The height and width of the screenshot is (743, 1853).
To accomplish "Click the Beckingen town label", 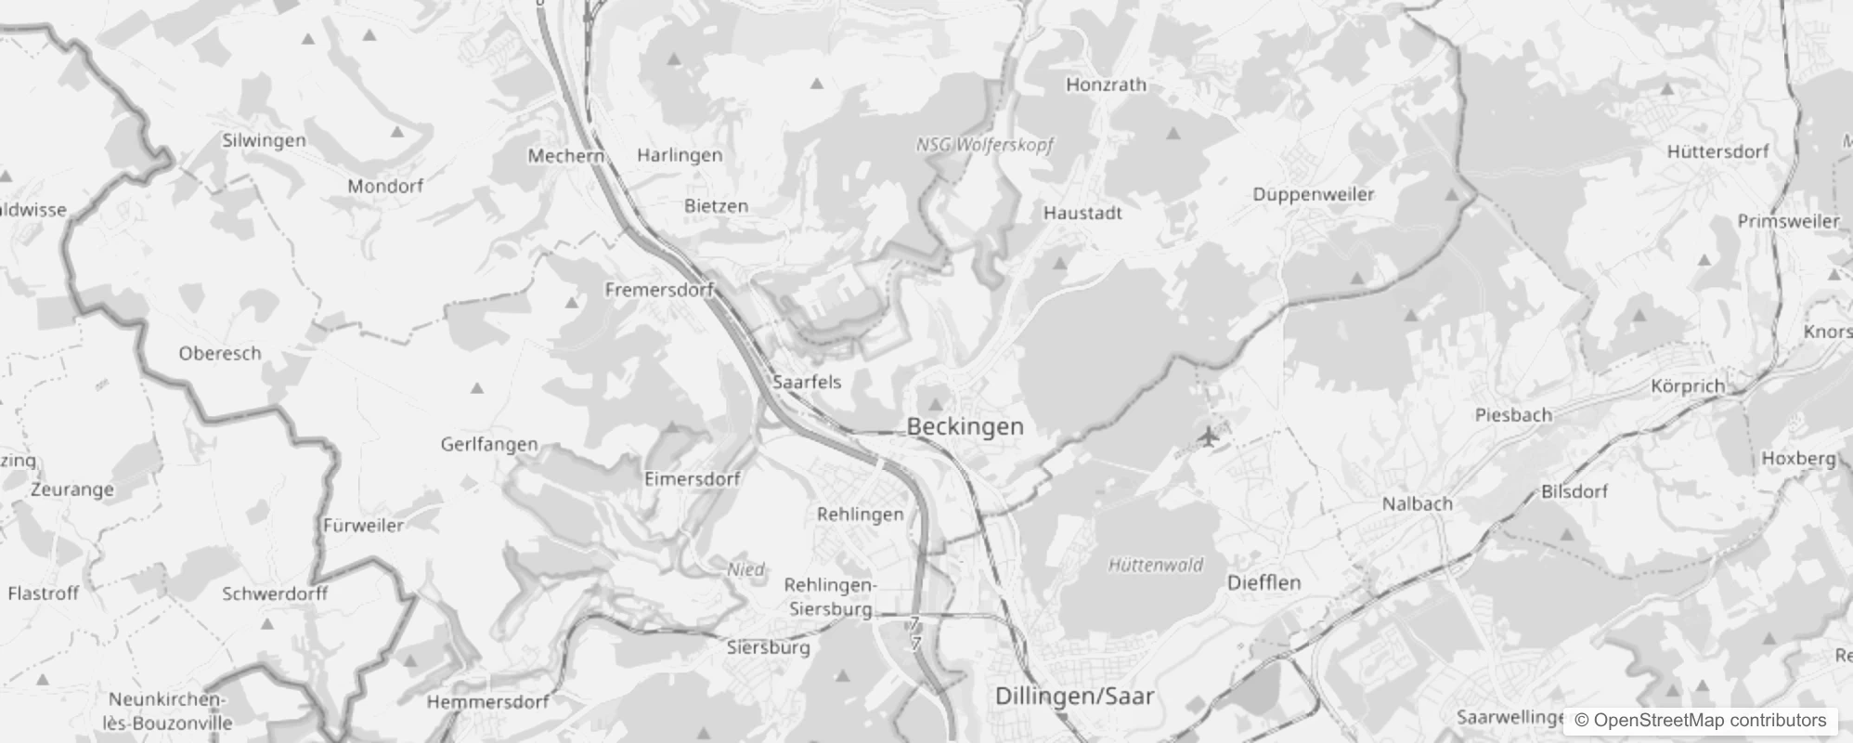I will click(965, 427).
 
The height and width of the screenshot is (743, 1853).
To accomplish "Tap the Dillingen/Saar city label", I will click(1074, 696).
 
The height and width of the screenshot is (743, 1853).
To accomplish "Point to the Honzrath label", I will click(1106, 85).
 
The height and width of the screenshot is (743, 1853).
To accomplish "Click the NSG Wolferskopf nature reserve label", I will click(984, 145).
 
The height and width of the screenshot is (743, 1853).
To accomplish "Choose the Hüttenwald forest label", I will click(1156, 565).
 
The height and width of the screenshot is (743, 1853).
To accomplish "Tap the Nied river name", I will click(745, 569).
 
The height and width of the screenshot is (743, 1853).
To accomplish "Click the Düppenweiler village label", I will click(1313, 194).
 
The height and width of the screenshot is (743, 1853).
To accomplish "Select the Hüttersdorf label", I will click(1717, 151).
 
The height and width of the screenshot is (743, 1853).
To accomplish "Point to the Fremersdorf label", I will click(658, 290).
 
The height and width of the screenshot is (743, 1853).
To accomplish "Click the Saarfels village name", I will click(807, 382).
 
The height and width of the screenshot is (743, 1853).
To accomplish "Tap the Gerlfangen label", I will click(489, 444).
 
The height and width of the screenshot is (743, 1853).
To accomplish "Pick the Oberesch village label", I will click(220, 353).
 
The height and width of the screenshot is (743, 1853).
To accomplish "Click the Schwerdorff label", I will click(275, 593).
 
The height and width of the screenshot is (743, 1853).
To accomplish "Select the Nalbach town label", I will click(1417, 503).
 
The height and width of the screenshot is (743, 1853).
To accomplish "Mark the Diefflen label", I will click(1263, 582).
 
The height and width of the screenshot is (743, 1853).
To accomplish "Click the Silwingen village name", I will click(264, 140).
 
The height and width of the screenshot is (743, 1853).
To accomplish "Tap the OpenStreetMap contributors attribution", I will click(1700, 720).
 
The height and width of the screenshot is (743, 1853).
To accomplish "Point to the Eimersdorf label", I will click(693, 479).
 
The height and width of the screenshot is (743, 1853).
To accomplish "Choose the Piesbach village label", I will click(1513, 415).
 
